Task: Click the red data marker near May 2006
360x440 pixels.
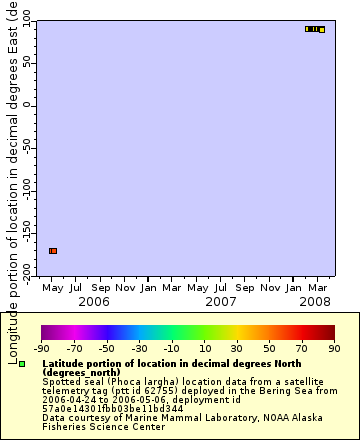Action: pos(53,250)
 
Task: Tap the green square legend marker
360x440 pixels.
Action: pos(22,364)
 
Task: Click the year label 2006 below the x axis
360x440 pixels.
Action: pos(93,300)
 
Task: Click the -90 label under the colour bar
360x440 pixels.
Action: pos(41,349)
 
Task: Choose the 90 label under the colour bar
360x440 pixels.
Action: pos(334,349)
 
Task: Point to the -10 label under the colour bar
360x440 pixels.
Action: pos(171,349)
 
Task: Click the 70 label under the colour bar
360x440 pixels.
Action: pos(302,349)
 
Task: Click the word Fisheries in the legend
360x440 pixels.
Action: pos(63,426)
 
